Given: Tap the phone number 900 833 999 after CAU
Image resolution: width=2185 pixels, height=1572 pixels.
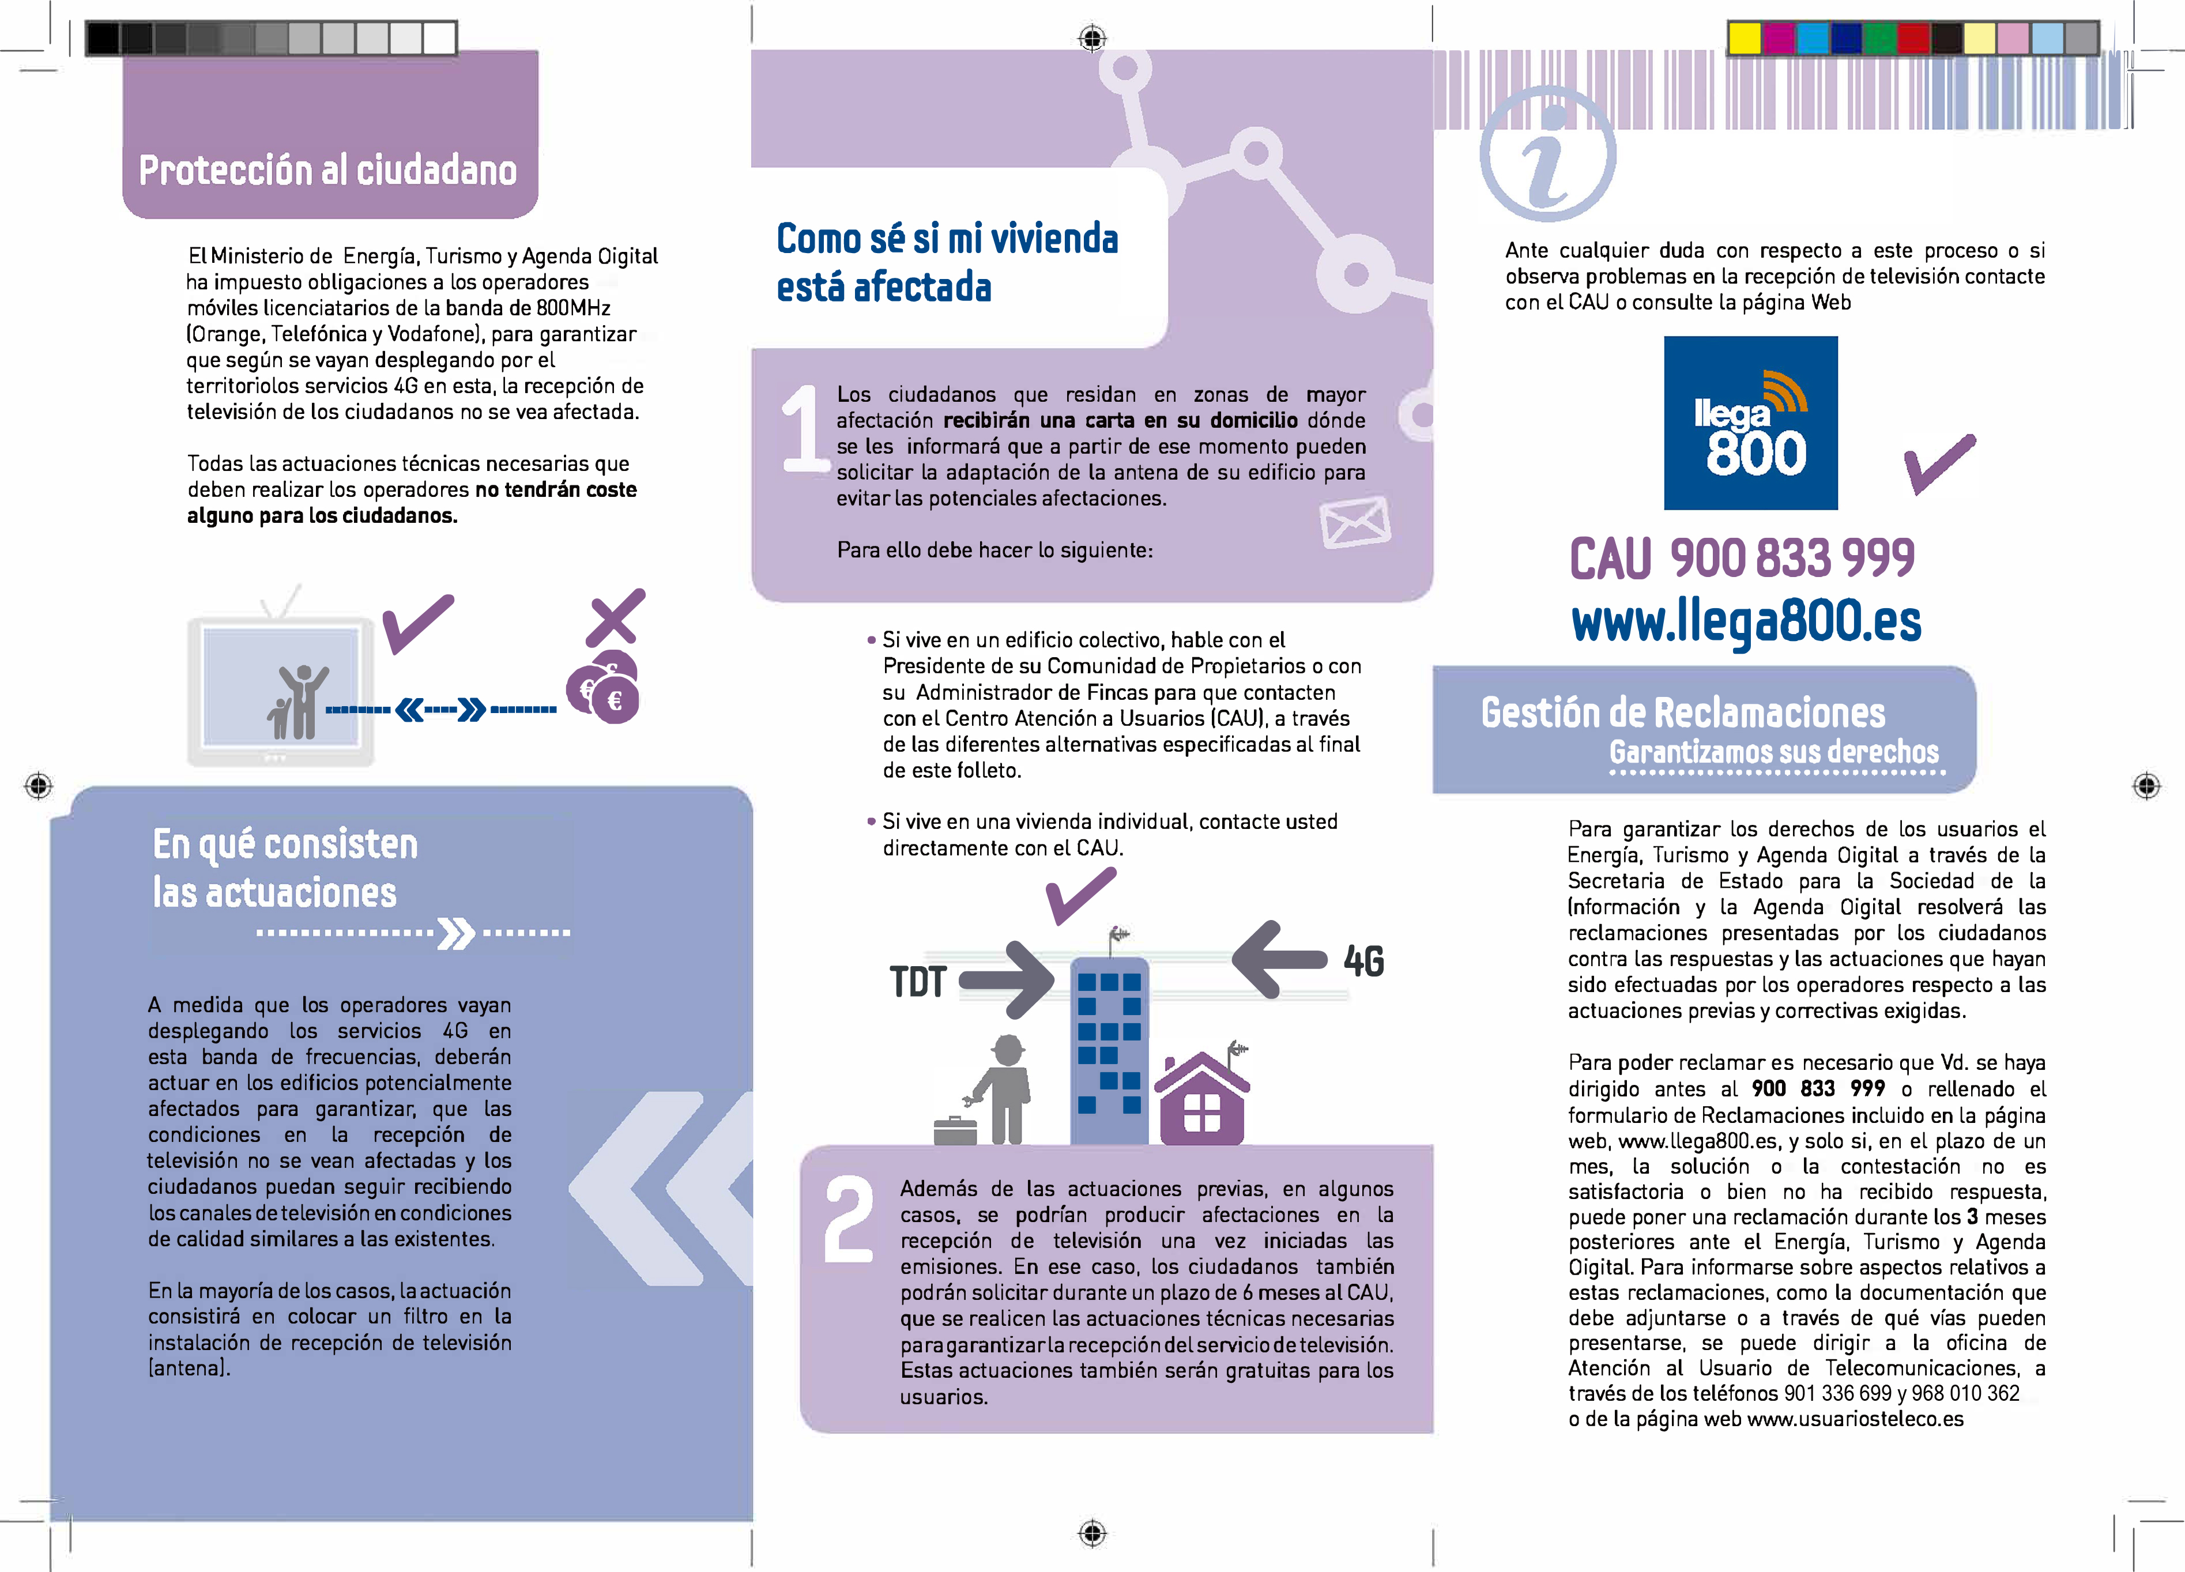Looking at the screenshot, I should click(x=1792, y=559).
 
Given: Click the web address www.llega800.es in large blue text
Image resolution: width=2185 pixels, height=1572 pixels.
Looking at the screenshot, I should click(x=1746, y=621).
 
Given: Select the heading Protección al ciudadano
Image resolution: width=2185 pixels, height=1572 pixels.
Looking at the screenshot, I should click(x=327, y=171).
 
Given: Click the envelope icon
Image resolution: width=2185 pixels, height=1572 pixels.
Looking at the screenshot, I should click(x=1355, y=522).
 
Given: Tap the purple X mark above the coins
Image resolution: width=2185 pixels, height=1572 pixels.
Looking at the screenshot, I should click(x=615, y=616).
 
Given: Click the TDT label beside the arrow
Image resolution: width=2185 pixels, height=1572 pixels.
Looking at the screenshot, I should click(x=918, y=982).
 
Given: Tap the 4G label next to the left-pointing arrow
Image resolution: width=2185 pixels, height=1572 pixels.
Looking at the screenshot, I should click(x=1363, y=962).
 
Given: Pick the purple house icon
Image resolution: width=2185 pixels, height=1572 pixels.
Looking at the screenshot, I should click(x=1201, y=1101).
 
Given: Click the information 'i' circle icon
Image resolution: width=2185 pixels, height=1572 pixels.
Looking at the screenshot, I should click(x=1547, y=154).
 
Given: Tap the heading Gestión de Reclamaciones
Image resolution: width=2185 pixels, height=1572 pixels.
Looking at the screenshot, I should click(x=1682, y=713).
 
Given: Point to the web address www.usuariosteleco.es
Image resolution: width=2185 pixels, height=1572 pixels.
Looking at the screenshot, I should click(x=1855, y=1419).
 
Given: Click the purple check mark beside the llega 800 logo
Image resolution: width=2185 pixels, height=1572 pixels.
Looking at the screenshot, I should click(x=1938, y=464).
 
